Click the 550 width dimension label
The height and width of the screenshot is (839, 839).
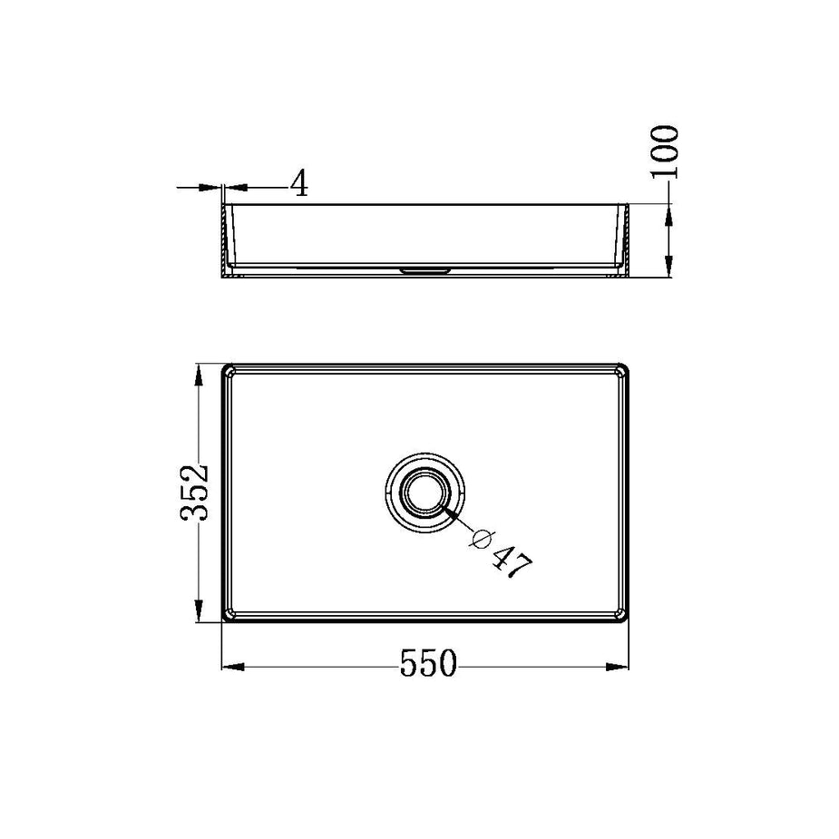point(427,666)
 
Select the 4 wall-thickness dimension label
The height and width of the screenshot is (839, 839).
point(299,184)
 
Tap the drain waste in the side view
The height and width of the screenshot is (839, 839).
point(425,270)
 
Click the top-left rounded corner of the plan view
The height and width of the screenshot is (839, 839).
point(229,370)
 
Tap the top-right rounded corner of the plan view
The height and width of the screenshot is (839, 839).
point(623,370)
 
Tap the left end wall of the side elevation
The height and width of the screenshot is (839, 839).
point(227,240)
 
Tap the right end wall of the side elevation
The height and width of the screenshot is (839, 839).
point(625,240)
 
